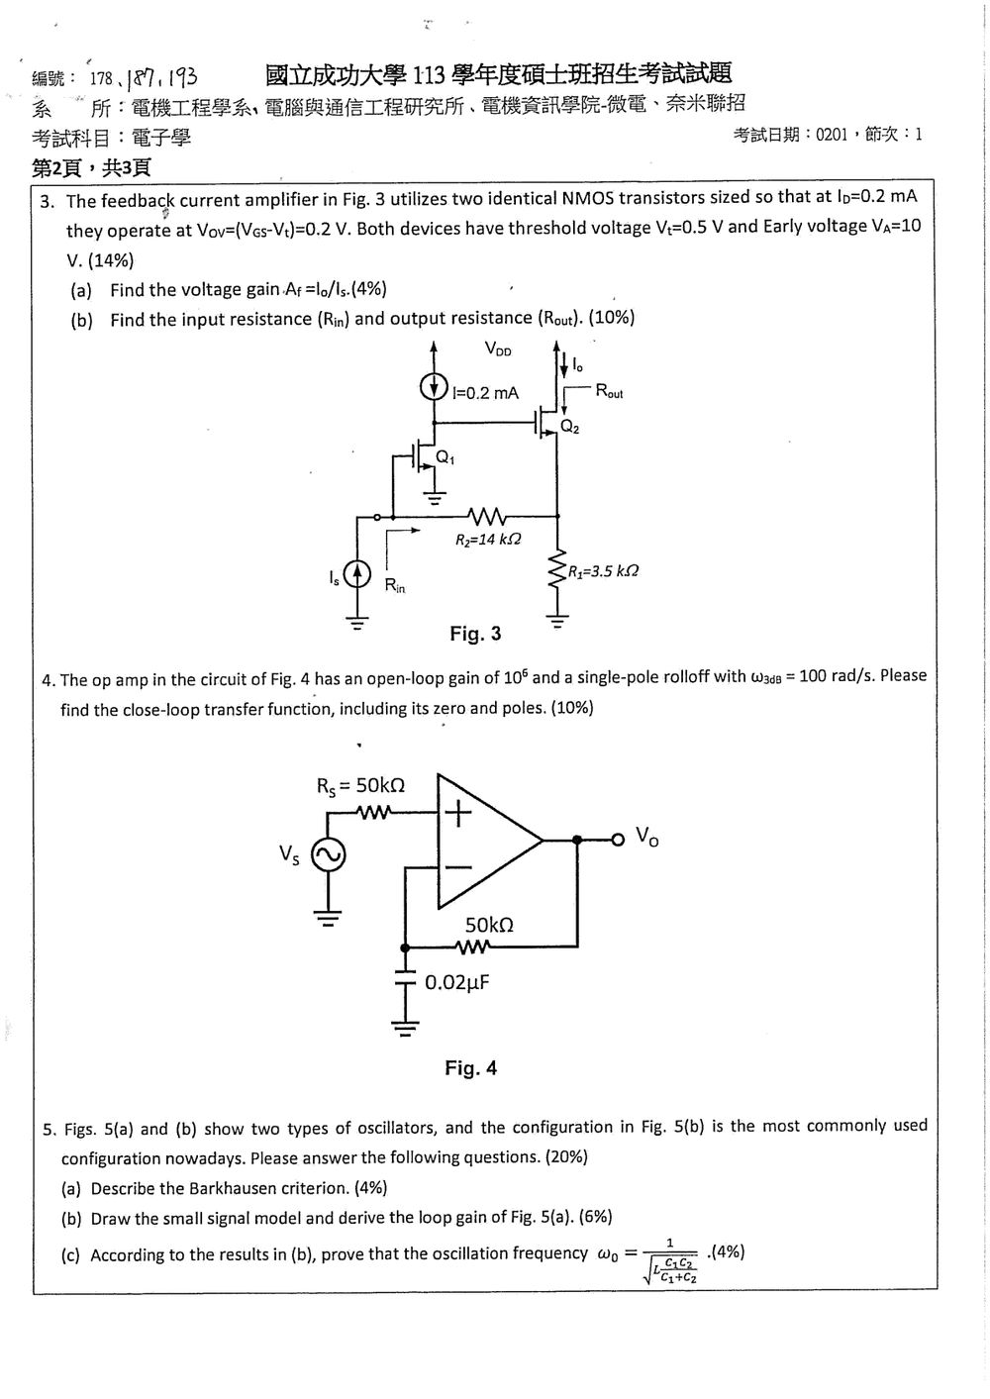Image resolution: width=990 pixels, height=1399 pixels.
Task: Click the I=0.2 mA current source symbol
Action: click(433, 386)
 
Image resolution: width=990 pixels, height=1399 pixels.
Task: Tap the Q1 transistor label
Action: click(445, 457)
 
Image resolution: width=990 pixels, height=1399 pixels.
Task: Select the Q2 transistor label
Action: click(569, 427)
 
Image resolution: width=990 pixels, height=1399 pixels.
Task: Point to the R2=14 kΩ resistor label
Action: click(488, 539)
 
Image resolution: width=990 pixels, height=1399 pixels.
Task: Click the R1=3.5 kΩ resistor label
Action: click(603, 571)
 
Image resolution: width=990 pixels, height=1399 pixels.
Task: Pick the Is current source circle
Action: click(357, 574)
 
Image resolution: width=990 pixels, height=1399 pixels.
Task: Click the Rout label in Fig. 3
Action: click(609, 391)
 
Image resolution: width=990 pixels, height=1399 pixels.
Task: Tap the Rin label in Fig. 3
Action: click(395, 585)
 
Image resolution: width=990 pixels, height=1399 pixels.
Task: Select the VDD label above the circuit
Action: click(498, 349)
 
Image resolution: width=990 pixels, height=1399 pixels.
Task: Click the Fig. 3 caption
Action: click(475, 634)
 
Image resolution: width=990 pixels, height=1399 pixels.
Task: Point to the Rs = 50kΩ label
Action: click(360, 786)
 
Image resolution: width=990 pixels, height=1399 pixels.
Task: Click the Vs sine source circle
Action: click(328, 855)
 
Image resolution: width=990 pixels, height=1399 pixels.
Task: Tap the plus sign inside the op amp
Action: click(458, 813)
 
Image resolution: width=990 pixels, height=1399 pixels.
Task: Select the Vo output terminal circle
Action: click(618, 840)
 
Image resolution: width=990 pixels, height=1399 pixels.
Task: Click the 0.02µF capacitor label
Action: click(457, 983)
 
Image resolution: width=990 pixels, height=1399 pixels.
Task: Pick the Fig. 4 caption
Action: click(470, 1068)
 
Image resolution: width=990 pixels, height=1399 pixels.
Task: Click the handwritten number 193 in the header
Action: click(182, 77)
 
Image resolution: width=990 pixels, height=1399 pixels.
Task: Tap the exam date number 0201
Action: click(832, 135)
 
